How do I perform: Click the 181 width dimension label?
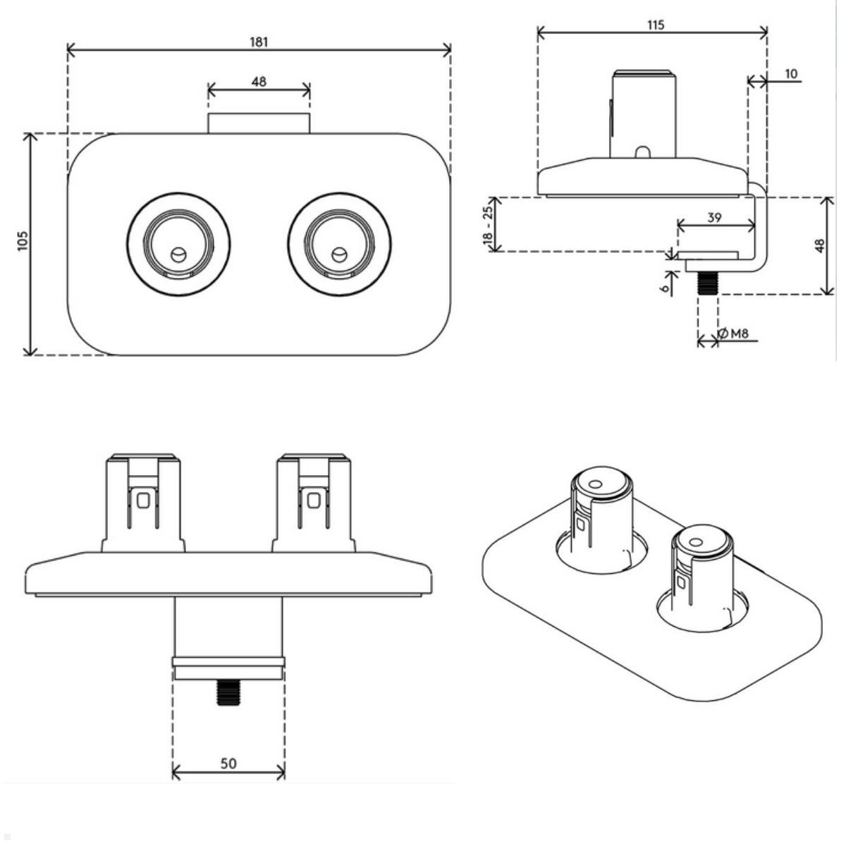pos(259,42)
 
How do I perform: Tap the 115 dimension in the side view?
pos(655,25)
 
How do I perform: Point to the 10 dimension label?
pos(790,73)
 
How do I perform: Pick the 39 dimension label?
pos(714,218)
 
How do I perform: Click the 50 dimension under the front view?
pos(228,763)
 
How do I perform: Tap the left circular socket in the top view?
pos(178,243)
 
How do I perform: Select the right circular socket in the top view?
pos(339,243)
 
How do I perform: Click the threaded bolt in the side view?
pos(707,284)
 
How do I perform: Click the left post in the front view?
pos(143,503)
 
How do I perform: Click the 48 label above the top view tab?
pos(259,82)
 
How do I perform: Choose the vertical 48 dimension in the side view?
pos(820,246)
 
